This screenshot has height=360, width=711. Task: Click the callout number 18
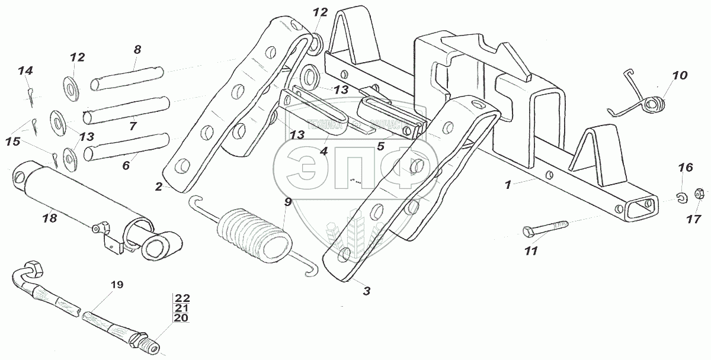(x=49, y=218)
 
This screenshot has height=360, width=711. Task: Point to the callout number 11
(x=530, y=251)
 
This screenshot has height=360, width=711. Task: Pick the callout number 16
(x=685, y=168)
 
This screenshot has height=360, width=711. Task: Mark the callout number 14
(x=25, y=71)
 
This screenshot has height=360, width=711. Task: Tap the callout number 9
(x=287, y=202)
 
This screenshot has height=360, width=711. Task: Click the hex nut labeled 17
(x=699, y=194)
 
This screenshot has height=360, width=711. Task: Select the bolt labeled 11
(x=545, y=228)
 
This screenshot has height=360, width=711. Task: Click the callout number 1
(x=507, y=185)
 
